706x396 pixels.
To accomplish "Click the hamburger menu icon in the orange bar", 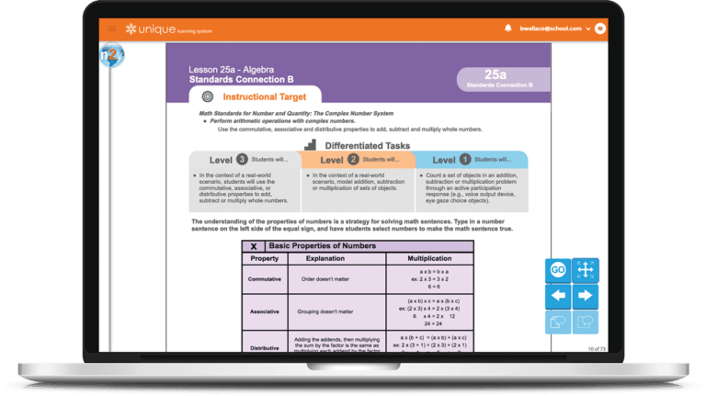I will point(112,28).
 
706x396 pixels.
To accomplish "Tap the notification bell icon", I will point(508,28).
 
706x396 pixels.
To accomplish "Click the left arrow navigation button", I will point(557,296).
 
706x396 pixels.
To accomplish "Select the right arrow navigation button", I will point(585,296).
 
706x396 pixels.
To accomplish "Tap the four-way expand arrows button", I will point(585,270).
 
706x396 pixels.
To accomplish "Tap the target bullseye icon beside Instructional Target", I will point(207,96).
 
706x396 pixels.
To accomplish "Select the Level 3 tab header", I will point(245,160).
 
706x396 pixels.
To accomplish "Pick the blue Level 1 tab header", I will point(472,160).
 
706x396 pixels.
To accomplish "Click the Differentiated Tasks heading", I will point(367,144).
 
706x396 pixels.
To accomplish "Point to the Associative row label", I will point(264,311).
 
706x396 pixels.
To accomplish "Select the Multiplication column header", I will point(429,259).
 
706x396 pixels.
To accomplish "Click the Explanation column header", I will point(324,259).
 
